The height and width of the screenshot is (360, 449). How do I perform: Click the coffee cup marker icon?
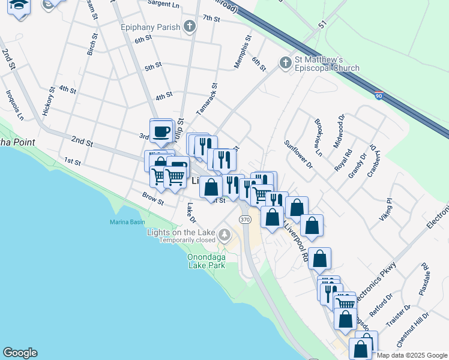click(161, 131)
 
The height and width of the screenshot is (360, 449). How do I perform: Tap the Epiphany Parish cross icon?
click(190, 26)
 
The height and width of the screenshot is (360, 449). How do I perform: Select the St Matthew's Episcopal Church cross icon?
click(285, 62)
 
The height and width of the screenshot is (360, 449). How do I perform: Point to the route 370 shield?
click(244, 220)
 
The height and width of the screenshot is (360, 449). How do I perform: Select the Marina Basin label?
click(127, 223)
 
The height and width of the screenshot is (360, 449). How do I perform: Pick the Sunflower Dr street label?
click(299, 154)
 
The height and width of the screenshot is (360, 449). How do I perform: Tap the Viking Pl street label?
click(386, 210)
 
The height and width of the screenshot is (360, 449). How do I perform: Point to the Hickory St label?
click(49, 101)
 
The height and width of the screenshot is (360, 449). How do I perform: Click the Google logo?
click(20, 353)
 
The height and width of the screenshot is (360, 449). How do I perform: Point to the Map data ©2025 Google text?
click(412, 355)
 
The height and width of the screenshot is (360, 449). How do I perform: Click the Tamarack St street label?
click(207, 99)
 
